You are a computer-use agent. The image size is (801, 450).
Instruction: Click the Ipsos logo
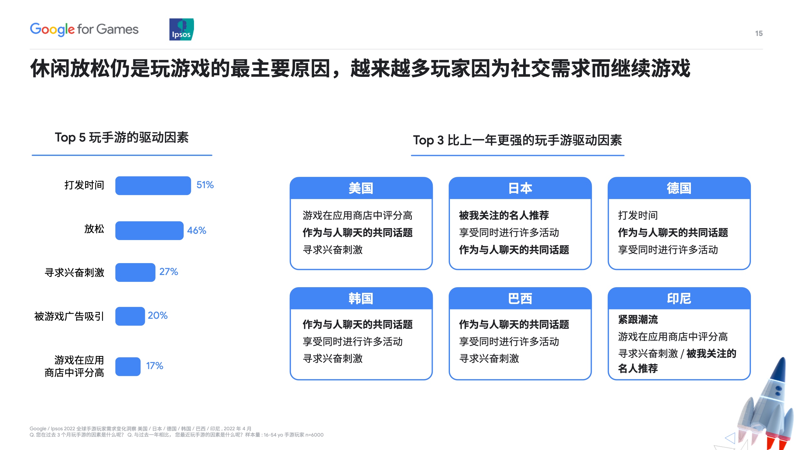(x=181, y=29)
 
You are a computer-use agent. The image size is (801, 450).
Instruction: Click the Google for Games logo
(x=84, y=29)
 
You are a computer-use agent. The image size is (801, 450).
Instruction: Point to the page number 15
(x=759, y=33)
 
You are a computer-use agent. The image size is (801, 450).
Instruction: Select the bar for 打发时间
(x=153, y=186)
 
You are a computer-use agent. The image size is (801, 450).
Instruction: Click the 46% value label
(x=196, y=231)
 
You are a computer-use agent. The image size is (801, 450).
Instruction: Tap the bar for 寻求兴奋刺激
(x=135, y=272)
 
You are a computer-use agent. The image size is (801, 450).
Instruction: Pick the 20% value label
(x=158, y=316)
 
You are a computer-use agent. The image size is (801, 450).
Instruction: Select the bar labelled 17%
(x=128, y=367)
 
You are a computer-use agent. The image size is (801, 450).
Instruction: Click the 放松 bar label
(x=94, y=229)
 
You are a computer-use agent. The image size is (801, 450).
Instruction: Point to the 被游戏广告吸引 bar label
(x=69, y=317)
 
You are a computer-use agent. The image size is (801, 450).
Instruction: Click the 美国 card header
(x=361, y=188)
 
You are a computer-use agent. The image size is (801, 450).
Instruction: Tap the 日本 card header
(x=520, y=188)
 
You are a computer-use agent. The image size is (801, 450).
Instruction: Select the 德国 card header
(x=679, y=188)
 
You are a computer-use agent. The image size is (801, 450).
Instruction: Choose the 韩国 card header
(x=361, y=298)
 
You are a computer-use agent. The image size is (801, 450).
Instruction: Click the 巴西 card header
(x=520, y=298)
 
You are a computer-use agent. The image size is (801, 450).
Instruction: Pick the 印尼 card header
(x=679, y=298)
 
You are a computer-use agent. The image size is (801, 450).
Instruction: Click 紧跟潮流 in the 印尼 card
(x=638, y=319)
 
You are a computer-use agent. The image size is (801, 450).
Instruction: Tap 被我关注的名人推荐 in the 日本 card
(x=504, y=215)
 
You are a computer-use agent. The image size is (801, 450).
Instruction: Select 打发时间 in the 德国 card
(x=638, y=215)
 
